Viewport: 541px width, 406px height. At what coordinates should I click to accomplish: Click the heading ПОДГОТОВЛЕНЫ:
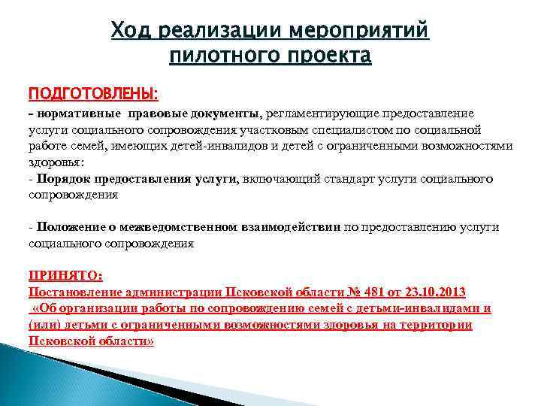pos(93,93)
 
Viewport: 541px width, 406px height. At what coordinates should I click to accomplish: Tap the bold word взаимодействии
pos(289,227)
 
